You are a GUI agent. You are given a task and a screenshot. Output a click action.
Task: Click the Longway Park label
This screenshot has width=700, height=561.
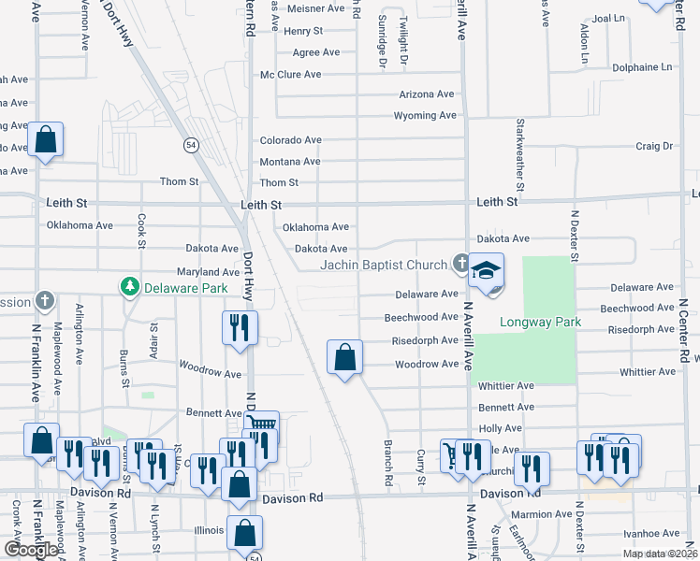click(x=541, y=323)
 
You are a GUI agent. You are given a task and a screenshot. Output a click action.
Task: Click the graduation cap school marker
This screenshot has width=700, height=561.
click(x=486, y=271)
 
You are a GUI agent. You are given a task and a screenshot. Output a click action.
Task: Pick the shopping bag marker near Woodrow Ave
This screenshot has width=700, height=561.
click(x=345, y=356)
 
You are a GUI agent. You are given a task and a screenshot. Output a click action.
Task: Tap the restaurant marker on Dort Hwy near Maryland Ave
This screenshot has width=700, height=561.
click(x=240, y=328)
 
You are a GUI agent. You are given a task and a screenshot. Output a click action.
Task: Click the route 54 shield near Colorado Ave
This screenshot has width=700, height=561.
click(x=191, y=145)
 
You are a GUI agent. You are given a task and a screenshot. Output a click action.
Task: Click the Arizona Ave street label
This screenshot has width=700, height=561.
click(x=426, y=94)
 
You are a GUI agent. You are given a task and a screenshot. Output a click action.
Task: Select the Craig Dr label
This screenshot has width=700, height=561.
click(x=654, y=146)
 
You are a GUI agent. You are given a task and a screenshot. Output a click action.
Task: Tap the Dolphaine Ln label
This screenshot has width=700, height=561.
click(x=640, y=67)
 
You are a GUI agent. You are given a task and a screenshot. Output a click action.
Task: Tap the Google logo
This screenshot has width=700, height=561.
click(x=30, y=550)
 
